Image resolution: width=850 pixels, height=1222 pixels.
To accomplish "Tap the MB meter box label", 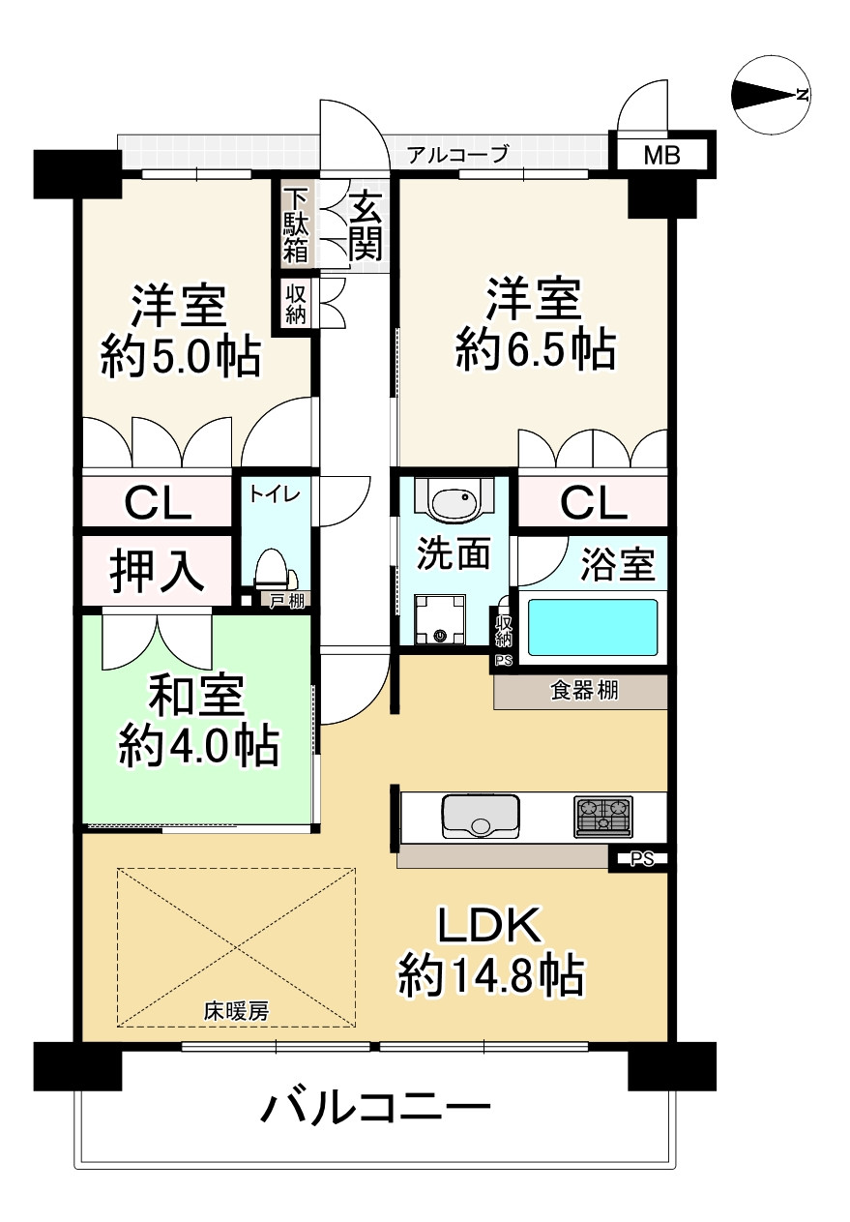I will [x=662, y=155].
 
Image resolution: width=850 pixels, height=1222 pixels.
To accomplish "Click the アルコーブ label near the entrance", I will [x=456, y=154].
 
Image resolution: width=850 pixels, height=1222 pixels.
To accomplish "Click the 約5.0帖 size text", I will [x=180, y=358].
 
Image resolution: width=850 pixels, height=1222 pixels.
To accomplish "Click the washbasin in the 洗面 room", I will [x=453, y=503].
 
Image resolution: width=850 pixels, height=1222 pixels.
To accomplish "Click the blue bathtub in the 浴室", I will [x=593, y=626].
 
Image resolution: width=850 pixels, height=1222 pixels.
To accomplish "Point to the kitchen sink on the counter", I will [x=481, y=815].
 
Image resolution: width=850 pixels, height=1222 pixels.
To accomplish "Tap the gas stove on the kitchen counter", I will [x=603, y=815].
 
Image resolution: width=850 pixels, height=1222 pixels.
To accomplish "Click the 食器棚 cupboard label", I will [x=584, y=691].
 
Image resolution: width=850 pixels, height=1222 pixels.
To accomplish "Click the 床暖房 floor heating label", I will [x=236, y=1012].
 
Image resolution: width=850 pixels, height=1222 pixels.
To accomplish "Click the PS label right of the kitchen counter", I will [x=640, y=857].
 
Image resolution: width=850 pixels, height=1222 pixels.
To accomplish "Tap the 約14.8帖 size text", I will [x=491, y=977].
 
